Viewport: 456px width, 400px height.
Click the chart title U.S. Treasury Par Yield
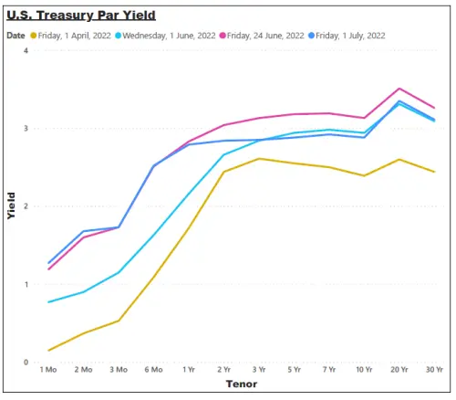tap(81, 16)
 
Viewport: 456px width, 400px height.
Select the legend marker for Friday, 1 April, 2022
tap(34, 36)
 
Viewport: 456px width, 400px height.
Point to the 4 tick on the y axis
tap(26, 50)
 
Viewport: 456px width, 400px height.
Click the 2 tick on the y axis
tap(26, 206)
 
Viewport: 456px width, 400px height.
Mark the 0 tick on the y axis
tap(26, 363)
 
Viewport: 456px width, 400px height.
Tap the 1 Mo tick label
tap(48, 370)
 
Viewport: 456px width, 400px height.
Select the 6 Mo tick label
tap(153, 370)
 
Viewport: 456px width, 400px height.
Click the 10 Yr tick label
tap(364, 370)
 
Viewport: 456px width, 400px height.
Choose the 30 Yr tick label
tap(434, 370)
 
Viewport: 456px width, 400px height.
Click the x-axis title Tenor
tap(242, 384)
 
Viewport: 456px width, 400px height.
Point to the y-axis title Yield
tap(11, 205)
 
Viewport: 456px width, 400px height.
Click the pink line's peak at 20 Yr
tap(399, 89)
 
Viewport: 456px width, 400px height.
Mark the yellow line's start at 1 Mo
tap(48, 351)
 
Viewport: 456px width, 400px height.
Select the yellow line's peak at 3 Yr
tap(259, 159)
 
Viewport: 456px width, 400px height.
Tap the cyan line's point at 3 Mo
tap(119, 272)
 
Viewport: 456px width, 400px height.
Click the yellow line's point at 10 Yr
tap(364, 175)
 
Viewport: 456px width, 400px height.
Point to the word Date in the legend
tap(16, 36)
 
